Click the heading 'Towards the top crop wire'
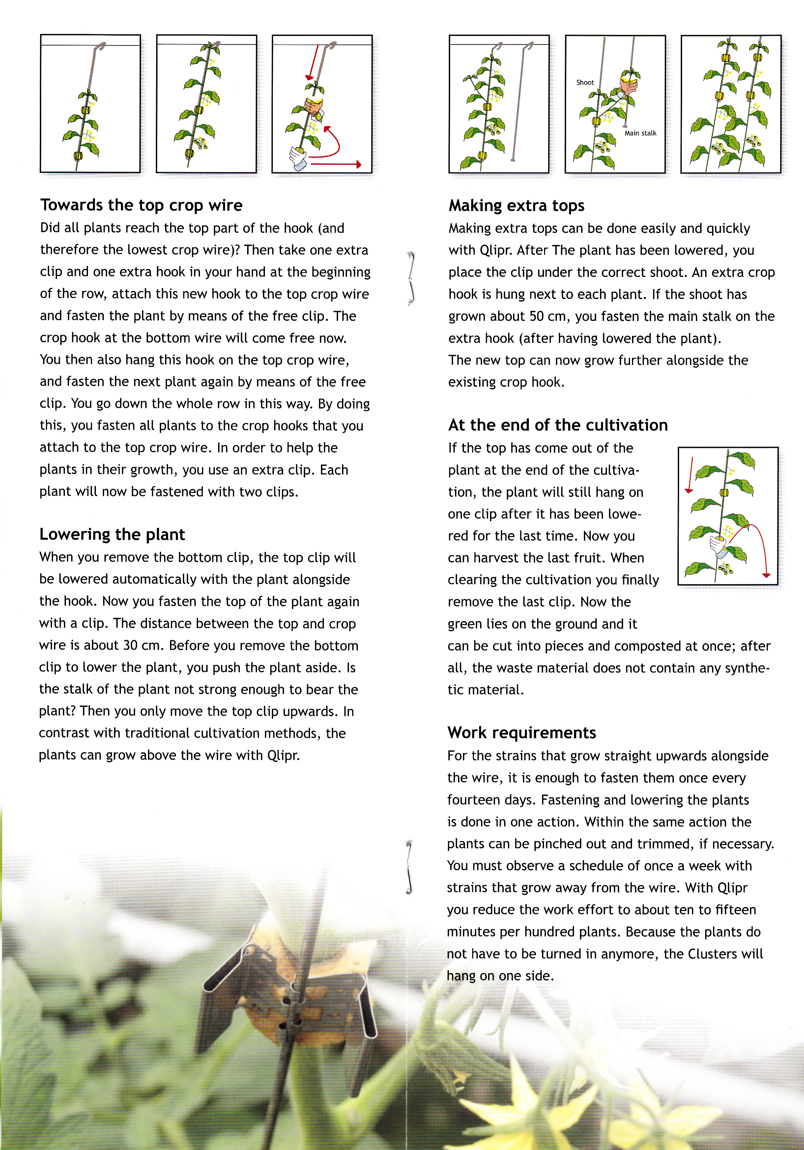pos(141,205)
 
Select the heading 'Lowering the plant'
pos(112,534)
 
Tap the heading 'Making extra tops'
pos(516,205)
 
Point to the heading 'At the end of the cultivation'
pos(558,425)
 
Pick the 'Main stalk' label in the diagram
pos(640,133)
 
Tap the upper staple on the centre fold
pos(411,279)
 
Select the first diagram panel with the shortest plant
pos(90,104)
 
